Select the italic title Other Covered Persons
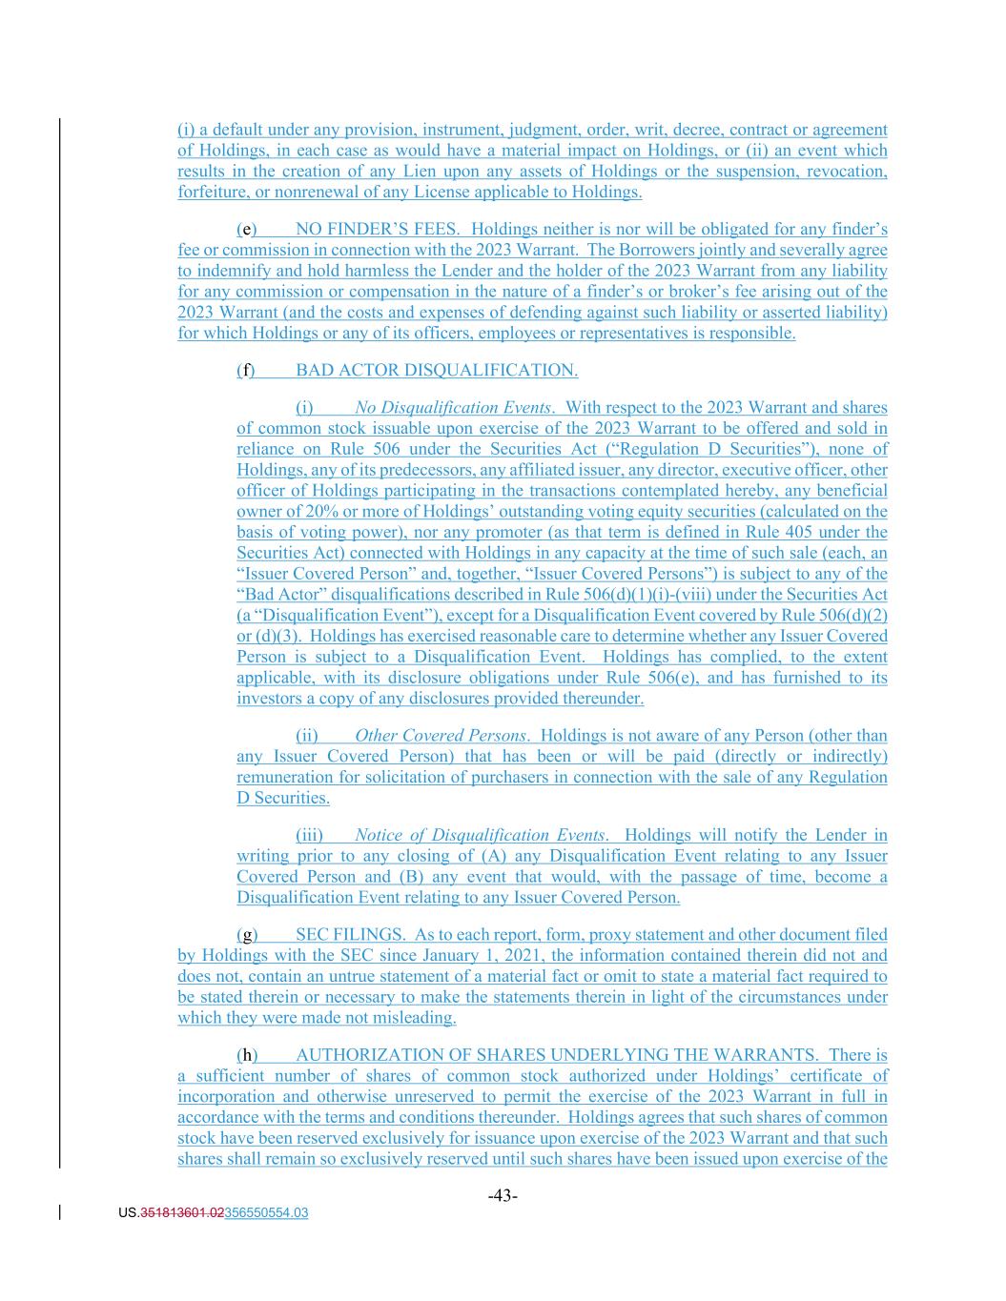[440, 736]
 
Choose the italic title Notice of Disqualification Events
[480, 835]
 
